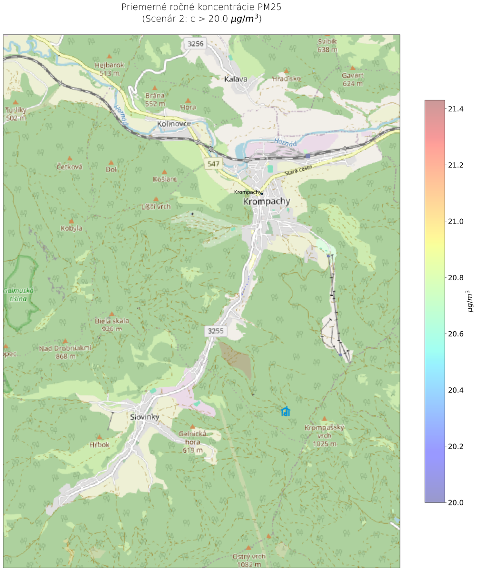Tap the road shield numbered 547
click(x=212, y=164)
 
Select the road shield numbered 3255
click(x=215, y=330)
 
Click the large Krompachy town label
click(x=266, y=202)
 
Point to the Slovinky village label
click(x=144, y=417)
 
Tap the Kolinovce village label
click(x=174, y=124)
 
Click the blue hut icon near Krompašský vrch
click(x=286, y=412)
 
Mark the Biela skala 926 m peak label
click(x=111, y=324)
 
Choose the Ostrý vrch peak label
click(x=248, y=560)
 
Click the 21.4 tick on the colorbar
click(x=456, y=109)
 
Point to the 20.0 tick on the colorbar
click(x=456, y=502)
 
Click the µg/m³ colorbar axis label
click(x=470, y=301)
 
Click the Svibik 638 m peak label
click(x=328, y=45)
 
